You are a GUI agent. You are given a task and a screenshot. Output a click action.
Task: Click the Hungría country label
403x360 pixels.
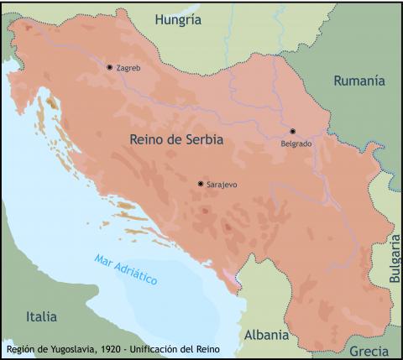179,19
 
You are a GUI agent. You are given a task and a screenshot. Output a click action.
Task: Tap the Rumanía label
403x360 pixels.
359,81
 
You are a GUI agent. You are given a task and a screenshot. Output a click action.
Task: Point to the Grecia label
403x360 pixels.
369,350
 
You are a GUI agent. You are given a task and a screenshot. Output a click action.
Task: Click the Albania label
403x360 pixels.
266,335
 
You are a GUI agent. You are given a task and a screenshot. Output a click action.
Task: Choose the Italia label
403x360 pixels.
41,316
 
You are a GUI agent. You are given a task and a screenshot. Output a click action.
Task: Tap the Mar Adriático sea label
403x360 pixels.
126,269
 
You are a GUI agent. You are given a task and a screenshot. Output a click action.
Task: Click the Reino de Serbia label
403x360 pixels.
177,140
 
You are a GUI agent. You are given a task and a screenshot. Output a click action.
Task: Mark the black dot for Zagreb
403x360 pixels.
109,67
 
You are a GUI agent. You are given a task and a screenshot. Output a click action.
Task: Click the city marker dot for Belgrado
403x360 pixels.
293,131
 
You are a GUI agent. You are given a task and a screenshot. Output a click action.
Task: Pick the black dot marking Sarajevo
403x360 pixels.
200,183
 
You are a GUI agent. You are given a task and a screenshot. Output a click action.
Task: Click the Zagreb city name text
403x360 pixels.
129,68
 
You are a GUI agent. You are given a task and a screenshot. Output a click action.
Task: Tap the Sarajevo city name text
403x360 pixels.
222,184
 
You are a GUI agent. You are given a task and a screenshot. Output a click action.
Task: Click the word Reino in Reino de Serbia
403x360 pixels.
149,140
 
